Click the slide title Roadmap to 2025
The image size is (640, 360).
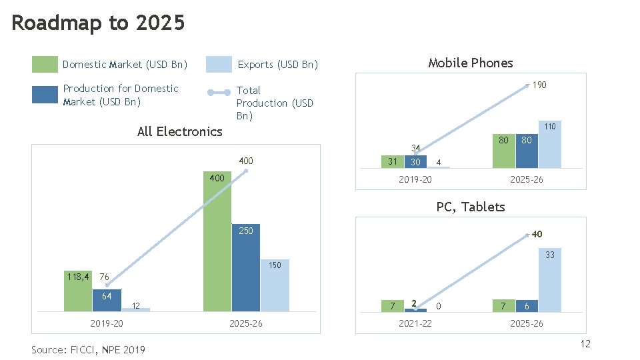[x=98, y=23]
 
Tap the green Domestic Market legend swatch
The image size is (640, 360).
[x=45, y=65]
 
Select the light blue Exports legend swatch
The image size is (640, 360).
[x=219, y=65]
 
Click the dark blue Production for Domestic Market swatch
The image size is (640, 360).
[x=45, y=95]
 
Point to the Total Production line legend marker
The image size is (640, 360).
[x=219, y=93]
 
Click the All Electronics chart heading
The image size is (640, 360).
[x=179, y=131]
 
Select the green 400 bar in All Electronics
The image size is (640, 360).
[x=217, y=247]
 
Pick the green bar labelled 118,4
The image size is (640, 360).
[x=78, y=291]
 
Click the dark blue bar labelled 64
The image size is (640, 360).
[x=106, y=300]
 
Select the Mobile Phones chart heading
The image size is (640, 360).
[x=471, y=63]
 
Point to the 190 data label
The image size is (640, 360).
[x=539, y=85]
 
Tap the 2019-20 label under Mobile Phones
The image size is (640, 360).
[x=415, y=180]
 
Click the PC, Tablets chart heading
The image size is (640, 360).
[x=471, y=207]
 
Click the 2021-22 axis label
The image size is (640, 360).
[x=415, y=323]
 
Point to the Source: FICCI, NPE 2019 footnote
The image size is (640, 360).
[x=88, y=349]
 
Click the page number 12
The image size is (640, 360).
[x=585, y=343]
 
